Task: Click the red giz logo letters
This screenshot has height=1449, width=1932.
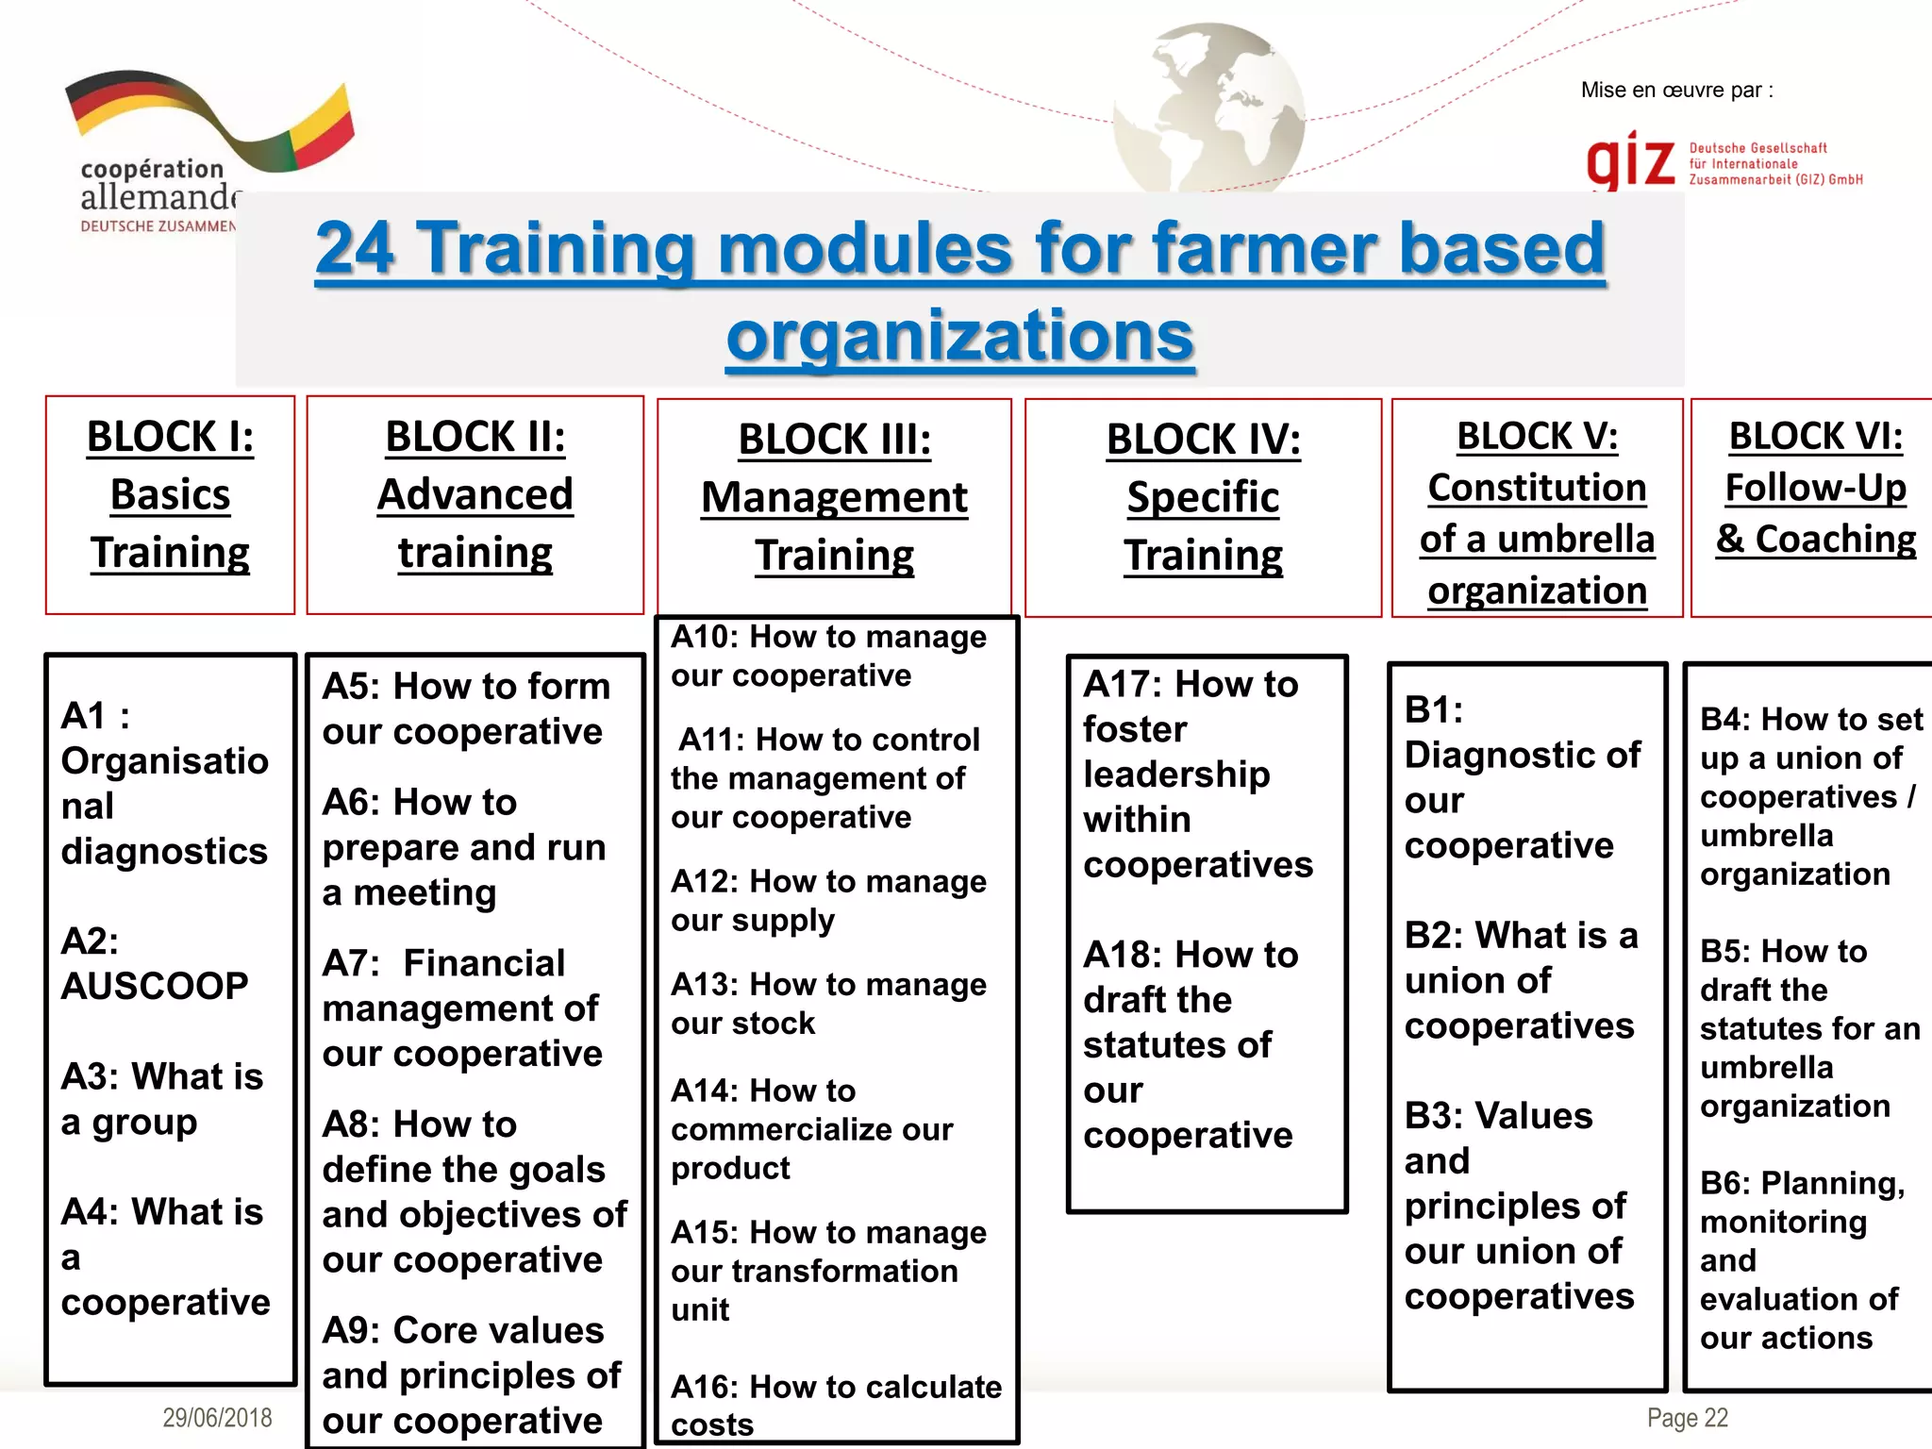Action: click(x=1630, y=161)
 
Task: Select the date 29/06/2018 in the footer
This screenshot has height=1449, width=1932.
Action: click(x=217, y=1417)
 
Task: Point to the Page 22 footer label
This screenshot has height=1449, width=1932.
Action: click(x=1687, y=1417)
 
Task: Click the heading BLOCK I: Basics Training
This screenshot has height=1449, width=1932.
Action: click(x=170, y=494)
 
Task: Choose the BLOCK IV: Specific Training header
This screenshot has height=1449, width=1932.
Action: click(x=1203, y=497)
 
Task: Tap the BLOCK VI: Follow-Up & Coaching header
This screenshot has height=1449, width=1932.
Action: click(x=1815, y=488)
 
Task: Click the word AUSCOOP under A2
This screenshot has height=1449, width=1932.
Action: click(x=155, y=986)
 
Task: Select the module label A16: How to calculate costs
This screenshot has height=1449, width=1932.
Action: click(x=835, y=1405)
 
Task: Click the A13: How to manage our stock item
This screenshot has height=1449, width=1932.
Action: click(x=827, y=1004)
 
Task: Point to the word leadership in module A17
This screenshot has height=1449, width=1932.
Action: click(x=1176, y=774)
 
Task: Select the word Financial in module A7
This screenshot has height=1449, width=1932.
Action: click(x=484, y=963)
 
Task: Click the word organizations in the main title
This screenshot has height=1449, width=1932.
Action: click(x=960, y=335)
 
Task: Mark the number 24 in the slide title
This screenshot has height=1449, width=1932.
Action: click(x=355, y=247)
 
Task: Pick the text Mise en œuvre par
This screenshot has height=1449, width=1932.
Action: click(x=1676, y=91)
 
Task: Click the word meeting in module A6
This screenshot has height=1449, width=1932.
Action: click(x=425, y=892)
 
